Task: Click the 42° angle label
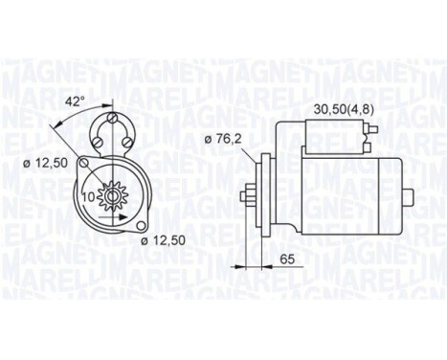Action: coord(75,101)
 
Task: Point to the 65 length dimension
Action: coord(287,259)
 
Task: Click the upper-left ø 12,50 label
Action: coord(45,163)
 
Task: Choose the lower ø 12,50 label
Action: coord(163,240)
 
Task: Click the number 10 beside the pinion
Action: coord(89,197)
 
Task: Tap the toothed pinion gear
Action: coord(113,196)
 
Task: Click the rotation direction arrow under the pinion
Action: coord(113,217)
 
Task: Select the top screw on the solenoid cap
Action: coord(112,118)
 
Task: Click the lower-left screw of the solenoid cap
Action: coord(98,141)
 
